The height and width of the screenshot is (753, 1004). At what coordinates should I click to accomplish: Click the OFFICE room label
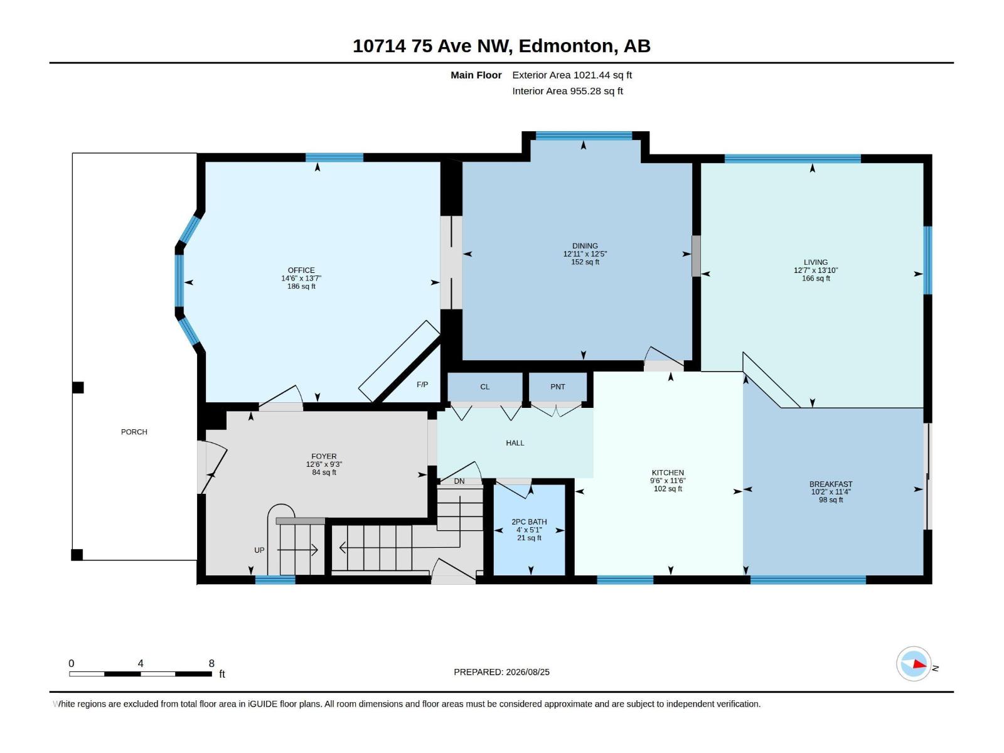point(301,270)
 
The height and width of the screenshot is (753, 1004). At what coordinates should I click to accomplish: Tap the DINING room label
point(585,246)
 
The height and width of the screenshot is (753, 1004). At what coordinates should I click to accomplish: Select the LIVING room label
point(816,262)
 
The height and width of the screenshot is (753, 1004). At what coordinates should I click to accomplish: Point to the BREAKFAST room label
point(831,484)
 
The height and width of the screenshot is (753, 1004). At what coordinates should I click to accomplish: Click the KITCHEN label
point(668,473)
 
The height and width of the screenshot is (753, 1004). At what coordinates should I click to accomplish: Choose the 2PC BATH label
point(529,521)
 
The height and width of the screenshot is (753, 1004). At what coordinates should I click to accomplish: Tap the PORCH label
point(134,432)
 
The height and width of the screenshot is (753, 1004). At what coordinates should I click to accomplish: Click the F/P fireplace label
point(422,385)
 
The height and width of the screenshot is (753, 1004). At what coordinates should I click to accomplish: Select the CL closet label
point(485,387)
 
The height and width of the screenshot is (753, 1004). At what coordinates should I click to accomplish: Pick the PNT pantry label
point(558,387)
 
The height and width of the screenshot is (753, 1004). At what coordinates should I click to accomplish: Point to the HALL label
point(515,443)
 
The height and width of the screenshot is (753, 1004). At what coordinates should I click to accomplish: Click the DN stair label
point(459,481)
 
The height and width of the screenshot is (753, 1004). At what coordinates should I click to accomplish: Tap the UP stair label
point(259,550)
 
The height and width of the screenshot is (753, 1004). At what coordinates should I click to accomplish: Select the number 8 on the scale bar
point(211,663)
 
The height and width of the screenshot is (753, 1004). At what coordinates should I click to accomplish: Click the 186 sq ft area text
point(301,287)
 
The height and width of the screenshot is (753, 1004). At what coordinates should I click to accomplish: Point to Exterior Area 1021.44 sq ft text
point(572,75)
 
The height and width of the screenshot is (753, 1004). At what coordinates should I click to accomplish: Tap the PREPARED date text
point(501,672)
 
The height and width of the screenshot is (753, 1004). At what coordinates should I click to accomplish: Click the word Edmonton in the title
point(565,46)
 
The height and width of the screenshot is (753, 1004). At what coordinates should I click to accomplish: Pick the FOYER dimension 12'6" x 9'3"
point(324,464)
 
